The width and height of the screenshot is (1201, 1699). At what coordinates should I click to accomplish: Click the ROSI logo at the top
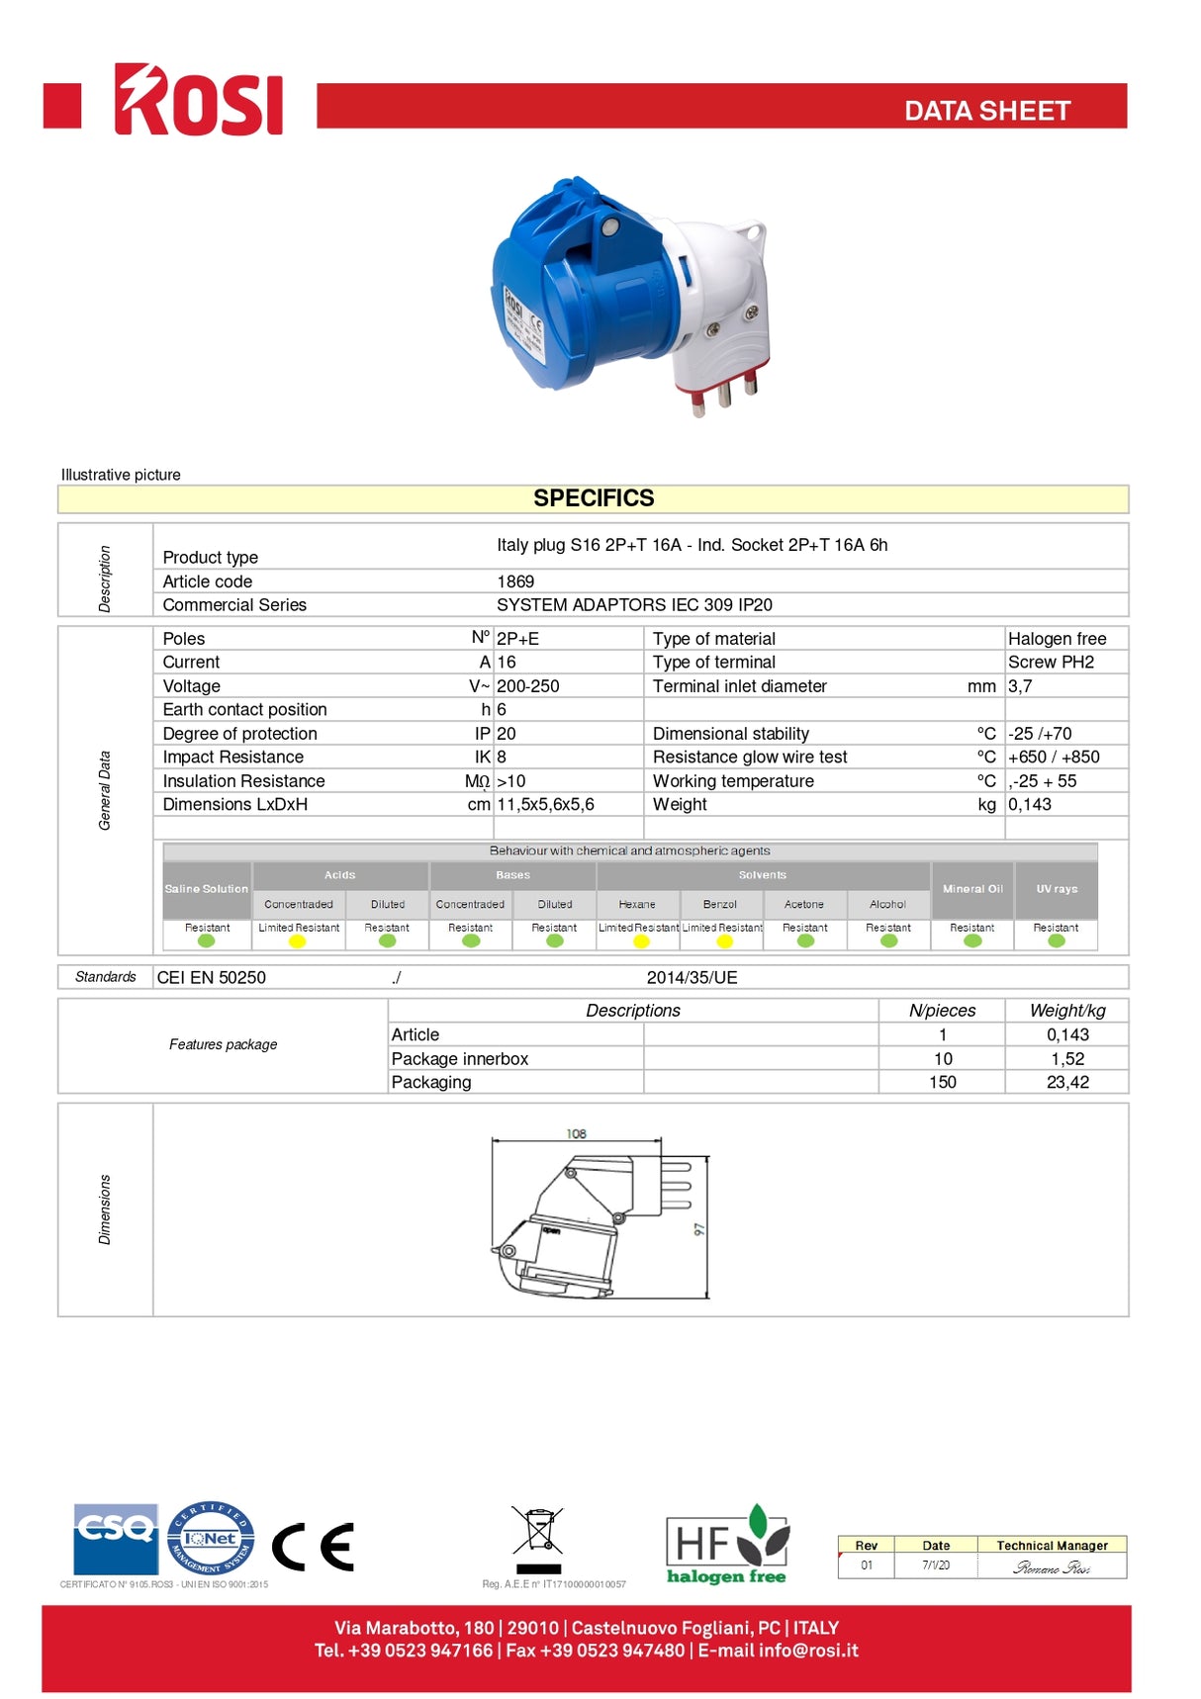[x=198, y=100]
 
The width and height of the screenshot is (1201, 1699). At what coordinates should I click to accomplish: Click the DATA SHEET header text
[x=986, y=111]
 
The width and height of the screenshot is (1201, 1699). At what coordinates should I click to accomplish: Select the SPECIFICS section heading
[x=594, y=498]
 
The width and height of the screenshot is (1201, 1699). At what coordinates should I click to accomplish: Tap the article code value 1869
[x=515, y=581]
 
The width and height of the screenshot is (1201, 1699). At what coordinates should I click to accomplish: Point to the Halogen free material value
[x=1057, y=639]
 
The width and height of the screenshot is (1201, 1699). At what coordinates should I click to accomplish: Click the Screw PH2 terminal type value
[x=1051, y=663]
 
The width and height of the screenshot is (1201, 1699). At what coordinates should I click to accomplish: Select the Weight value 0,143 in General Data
[x=1030, y=805]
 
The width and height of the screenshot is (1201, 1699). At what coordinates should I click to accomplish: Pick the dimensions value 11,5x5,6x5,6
[x=545, y=805]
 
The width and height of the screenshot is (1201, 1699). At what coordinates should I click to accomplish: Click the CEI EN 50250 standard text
[x=212, y=978]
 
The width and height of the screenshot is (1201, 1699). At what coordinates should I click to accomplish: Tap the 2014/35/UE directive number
[x=692, y=978]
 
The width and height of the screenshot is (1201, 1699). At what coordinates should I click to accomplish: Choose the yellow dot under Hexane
[x=641, y=941]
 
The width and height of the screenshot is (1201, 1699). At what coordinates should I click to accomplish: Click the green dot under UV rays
[x=1057, y=941]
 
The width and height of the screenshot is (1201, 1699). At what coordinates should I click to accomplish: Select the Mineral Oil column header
[x=972, y=889]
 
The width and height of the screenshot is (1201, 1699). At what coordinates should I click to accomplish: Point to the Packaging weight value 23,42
[x=1067, y=1083]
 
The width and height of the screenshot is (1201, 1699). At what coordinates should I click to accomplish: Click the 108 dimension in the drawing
[x=577, y=1134]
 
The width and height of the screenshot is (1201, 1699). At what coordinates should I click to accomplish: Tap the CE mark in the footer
[x=313, y=1548]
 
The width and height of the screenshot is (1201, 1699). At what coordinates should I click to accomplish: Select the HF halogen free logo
[x=727, y=1546]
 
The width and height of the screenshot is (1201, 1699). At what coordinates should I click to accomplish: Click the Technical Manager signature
[x=1052, y=1567]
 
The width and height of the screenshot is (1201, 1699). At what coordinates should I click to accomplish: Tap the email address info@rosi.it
[x=808, y=1652]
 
